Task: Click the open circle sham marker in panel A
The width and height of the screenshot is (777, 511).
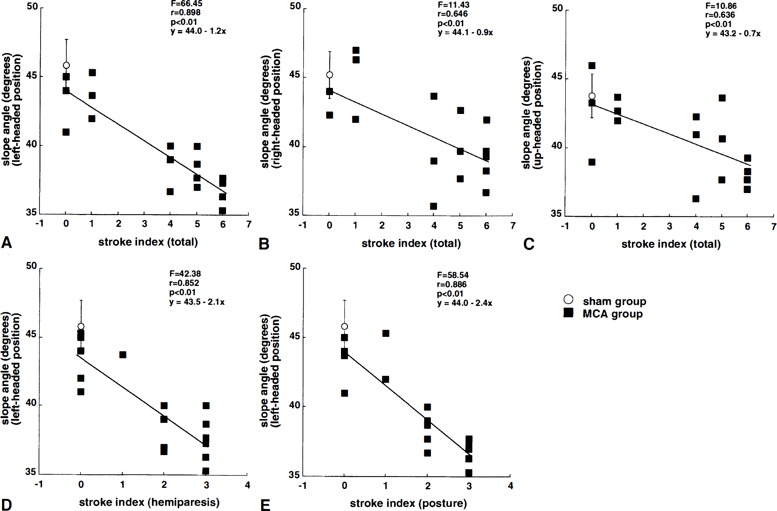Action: (x=66, y=65)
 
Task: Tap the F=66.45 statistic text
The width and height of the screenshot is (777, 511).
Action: (x=187, y=4)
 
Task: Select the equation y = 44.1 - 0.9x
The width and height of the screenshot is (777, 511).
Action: (x=465, y=32)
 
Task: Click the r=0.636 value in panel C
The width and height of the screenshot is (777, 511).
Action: (x=720, y=15)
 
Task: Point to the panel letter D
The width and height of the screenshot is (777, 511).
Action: (x=6, y=504)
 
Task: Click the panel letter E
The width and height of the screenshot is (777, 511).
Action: (x=265, y=505)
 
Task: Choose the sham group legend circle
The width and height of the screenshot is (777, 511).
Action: (x=568, y=299)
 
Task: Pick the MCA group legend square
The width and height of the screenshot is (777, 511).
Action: (x=568, y=313)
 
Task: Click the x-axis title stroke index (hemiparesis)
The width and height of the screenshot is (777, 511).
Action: (x=149, y=502)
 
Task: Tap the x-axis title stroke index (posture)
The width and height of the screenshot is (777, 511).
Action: (x=408, y=503)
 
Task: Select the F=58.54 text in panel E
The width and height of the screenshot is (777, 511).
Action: (x=453, y=275)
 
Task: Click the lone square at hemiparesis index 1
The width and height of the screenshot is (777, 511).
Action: (x=123, y=355)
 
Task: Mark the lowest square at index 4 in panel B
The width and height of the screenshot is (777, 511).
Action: (x=434, y=206)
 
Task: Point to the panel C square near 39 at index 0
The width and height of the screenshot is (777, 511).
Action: (x=592, y=162)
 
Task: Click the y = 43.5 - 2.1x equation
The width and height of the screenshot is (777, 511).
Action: (x=197, y=302)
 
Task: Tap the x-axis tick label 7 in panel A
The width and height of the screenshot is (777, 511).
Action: (x=249, y=224)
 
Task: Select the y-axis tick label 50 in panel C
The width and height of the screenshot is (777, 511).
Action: (x=557, y=8)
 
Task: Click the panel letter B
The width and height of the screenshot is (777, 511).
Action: (x=264, y=244)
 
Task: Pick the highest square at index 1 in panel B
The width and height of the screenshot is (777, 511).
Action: (x=356, y=50)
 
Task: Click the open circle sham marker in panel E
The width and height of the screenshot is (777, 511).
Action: (x=345, y=327)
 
